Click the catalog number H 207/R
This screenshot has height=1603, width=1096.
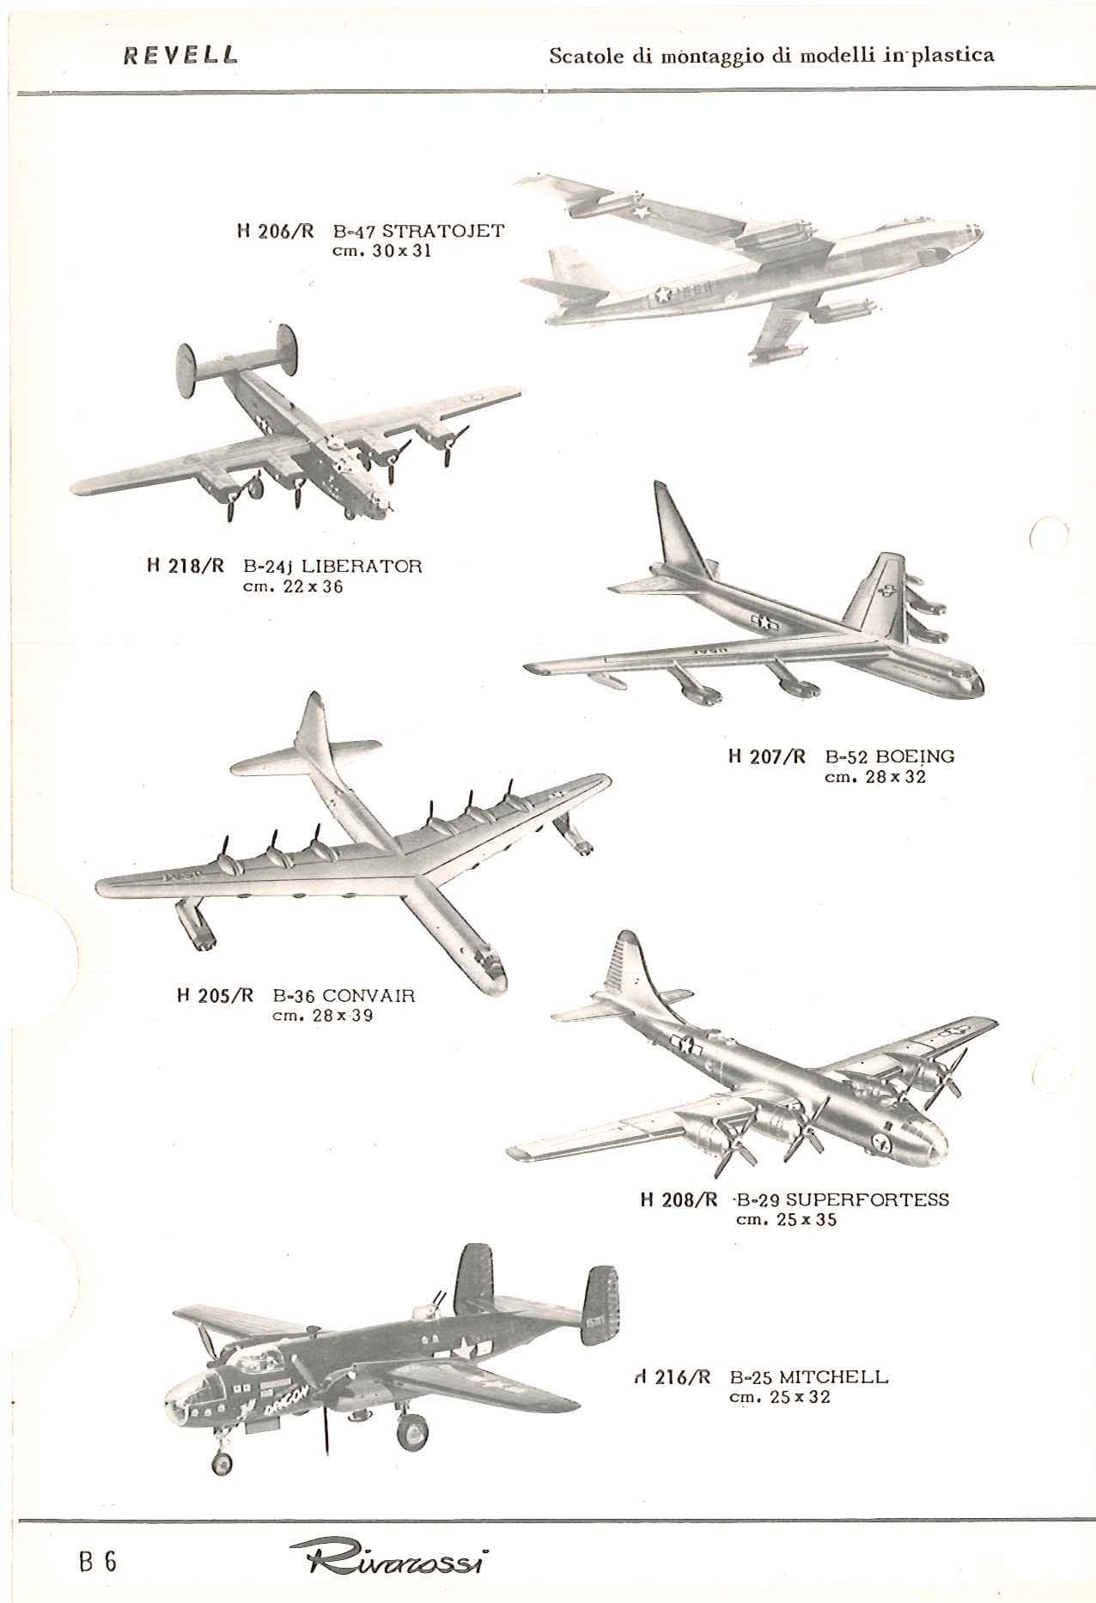coord(767,756)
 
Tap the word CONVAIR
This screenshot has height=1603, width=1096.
coord(368,996)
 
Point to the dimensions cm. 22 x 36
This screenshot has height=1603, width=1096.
coord(292,587)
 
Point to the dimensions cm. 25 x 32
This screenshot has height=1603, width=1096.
coord(779,1421)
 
